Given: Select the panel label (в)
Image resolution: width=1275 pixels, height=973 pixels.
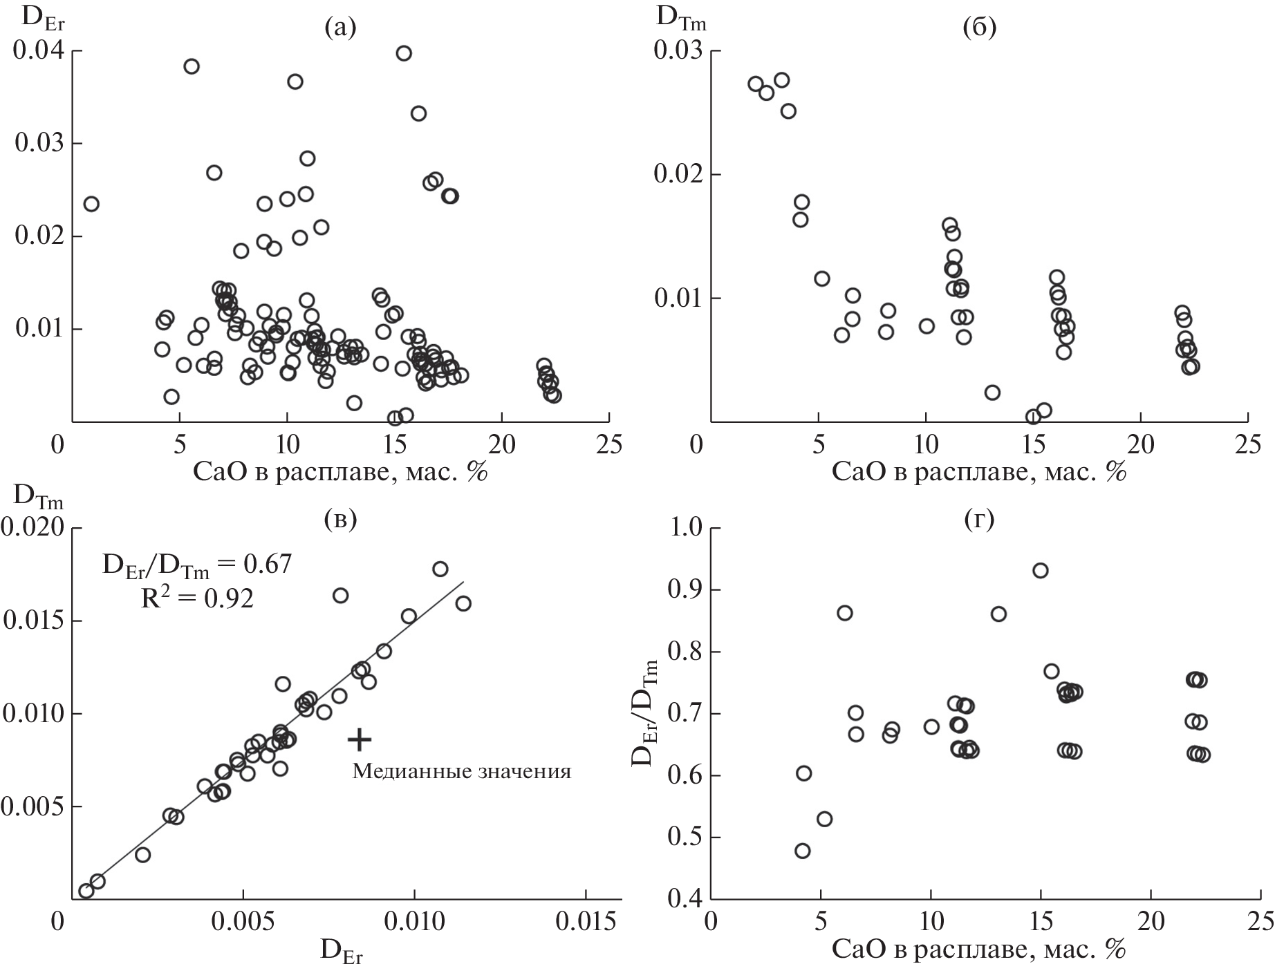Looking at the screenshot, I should [340, 520].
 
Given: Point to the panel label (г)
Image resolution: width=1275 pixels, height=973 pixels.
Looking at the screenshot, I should [978, 520].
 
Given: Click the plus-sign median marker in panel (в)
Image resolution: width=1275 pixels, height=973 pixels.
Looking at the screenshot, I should [360, 739].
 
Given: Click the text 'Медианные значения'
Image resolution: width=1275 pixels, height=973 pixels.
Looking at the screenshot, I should [462, 771].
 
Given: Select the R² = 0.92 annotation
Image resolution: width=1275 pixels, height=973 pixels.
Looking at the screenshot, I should [197, 598].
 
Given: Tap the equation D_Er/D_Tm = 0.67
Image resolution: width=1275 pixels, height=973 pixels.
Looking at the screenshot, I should [197, 565].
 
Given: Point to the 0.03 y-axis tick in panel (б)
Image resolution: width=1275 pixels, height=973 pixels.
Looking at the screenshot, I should [678, 50].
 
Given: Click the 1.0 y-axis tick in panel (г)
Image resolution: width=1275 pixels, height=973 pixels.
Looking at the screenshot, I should [685, 529].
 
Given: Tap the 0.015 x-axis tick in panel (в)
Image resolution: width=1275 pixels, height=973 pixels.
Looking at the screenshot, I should [585, 923].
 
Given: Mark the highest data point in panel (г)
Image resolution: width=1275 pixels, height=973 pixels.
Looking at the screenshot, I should [1040, 571].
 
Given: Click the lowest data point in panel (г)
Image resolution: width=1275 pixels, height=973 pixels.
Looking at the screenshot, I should [802, 851].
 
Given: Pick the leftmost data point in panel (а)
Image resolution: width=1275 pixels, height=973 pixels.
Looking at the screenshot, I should [91, 204].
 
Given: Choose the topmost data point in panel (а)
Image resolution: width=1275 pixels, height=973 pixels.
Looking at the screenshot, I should [404, 53].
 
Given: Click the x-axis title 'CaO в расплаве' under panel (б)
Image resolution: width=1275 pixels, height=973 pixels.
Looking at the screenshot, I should [979, 472].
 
